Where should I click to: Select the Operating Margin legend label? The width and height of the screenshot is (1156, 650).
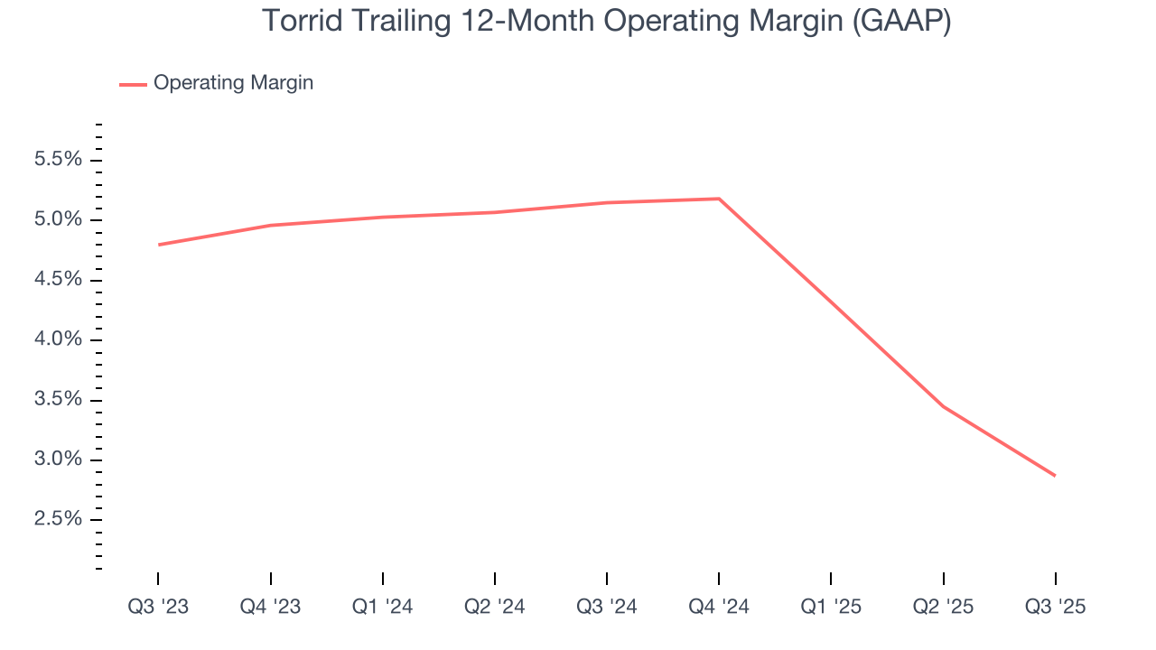point(233,83)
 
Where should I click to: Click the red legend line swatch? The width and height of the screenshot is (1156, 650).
point(133,84)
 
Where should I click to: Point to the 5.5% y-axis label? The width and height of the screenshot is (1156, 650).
point(58,160)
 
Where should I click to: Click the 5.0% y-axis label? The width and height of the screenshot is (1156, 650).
point(58,220)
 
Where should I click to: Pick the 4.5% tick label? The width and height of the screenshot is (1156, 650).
point(58,280)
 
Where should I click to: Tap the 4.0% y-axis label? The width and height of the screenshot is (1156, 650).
point(58,339)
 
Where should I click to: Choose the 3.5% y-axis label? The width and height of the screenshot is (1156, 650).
point(58,400)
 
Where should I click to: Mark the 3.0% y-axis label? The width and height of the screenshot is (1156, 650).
point(58,460)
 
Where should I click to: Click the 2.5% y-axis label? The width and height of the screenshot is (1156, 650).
point(58,519)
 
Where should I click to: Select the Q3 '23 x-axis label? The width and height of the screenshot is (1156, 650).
point(158,607)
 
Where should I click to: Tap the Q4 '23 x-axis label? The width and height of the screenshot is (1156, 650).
point(270,607)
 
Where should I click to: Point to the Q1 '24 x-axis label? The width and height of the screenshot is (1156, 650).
point(383,607)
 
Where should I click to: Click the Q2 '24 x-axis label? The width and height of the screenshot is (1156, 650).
point(495,607)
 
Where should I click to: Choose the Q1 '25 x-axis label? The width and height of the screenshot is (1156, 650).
point(831,607)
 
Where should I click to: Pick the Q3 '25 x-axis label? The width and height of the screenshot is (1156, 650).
point(1055,607)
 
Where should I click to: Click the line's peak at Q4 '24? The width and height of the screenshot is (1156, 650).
point(719,199)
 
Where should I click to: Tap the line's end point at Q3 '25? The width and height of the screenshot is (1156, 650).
point(1055,476)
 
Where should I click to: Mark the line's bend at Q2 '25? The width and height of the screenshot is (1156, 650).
point(943,406)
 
